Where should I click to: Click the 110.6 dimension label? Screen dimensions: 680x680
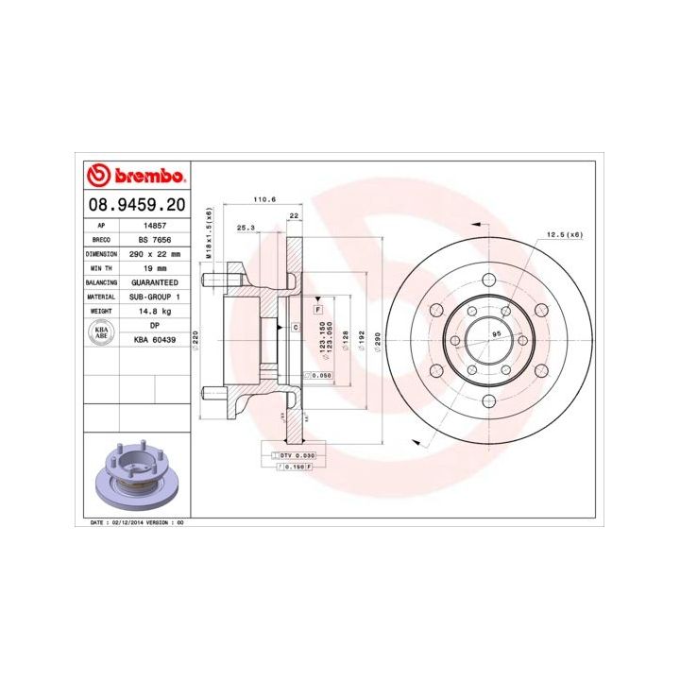264,199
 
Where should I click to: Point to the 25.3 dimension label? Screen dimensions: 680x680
246,228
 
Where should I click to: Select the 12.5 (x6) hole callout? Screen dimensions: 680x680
565,234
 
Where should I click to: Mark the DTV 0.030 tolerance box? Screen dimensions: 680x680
294,455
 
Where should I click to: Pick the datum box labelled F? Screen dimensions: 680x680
317,310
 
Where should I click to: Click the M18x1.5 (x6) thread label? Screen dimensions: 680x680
210,234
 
